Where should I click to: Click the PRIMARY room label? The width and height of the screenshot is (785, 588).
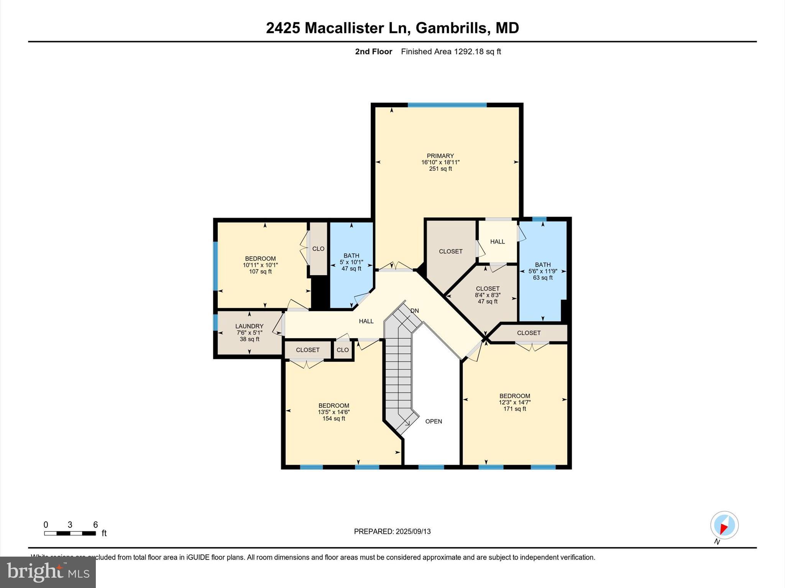click(x=440, y=156)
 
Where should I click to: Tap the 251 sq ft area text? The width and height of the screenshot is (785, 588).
click(x=440, y=169)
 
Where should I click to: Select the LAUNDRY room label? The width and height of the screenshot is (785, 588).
click(x=249, y=326)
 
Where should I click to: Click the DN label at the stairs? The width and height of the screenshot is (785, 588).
click(x=414, y=311)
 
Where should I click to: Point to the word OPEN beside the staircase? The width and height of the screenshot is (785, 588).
click(x=434, y=421)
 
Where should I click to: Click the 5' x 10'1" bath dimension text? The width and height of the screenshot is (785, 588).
click(x=351, y=262)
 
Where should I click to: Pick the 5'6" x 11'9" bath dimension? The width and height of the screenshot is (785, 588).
click(x=542, y=271)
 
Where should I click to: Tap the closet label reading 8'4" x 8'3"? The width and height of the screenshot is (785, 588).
click(x=488, y=295)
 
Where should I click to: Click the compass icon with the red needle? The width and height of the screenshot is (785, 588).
click(x=724, y=525)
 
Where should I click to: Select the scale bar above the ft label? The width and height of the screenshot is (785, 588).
click(x=70, y=533)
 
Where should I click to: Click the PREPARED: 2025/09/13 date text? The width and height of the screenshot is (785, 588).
click(x=392, y=531)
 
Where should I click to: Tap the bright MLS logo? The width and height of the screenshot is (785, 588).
click(x=48, y=572)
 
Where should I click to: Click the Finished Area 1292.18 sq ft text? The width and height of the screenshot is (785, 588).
click(x=451, y=52)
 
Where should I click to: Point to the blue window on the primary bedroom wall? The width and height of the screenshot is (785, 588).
click(x=447, y=105)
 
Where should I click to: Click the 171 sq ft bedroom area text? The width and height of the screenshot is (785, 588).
click(x=514, y=409)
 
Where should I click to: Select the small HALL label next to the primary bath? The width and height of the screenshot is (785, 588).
click(x=497, y=242)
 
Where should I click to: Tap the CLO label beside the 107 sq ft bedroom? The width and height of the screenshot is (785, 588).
click(x=318, y=249)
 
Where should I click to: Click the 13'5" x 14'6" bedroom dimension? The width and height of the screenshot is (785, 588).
click(x=333, y=412)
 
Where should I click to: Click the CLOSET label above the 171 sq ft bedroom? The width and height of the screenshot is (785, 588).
click(x=529, y=333)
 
